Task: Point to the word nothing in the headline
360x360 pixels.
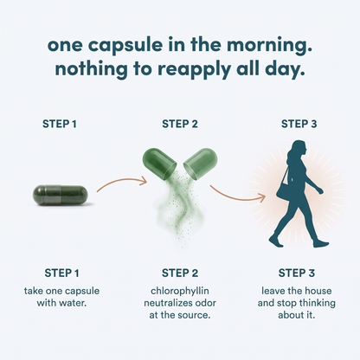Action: click(x=91, y=70)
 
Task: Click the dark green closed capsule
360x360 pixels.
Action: click(x=60, y=196)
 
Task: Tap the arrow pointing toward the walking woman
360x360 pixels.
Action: click(x=236, y=197)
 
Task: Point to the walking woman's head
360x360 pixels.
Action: click(x=298, y=150)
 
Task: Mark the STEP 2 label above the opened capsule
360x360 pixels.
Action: click(x=180, y=124)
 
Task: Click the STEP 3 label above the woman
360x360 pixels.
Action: click(x=299, y=124)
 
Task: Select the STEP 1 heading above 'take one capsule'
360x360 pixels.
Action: click(x=61, y=273)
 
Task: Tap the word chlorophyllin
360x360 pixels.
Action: click(x=180, y=291)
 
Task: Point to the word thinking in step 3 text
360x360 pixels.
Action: click(x=317, y=303)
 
